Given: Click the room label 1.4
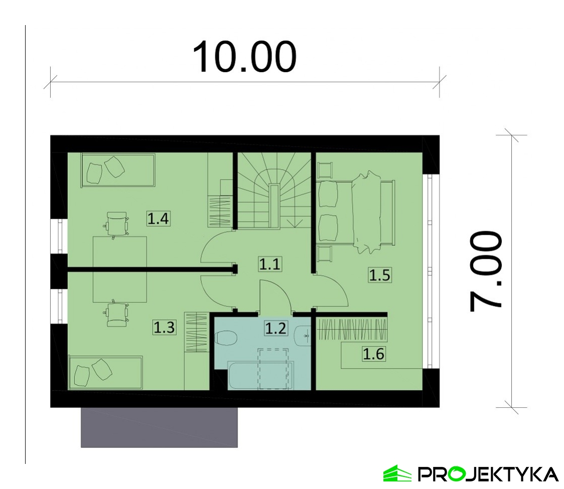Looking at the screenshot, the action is [x=158, y=219].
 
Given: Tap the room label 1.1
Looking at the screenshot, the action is [x=270, y=264].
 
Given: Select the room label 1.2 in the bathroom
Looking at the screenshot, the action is [x=275, y=328].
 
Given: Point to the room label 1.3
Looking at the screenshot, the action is [x=164, y=327].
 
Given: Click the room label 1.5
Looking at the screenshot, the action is [x=380, y=275].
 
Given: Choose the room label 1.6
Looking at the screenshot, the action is [x=374, y=354].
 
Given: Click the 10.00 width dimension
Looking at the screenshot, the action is [x=244, y=57].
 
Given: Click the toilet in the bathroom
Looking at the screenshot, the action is [x=226, y=339].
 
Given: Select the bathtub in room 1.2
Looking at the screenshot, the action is [x=261, y=375].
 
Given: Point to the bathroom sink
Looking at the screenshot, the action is [x=303, y=336].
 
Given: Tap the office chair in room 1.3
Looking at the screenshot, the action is [x=116, y=313].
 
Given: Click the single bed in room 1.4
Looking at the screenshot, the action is [x=118, y=171].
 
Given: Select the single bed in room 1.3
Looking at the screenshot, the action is [x=106, y=373].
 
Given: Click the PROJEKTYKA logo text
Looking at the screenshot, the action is [x=488, y=474].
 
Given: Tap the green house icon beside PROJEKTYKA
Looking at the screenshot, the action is [x=397, y=473].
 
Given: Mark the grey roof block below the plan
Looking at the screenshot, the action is [x=159, y=427].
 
